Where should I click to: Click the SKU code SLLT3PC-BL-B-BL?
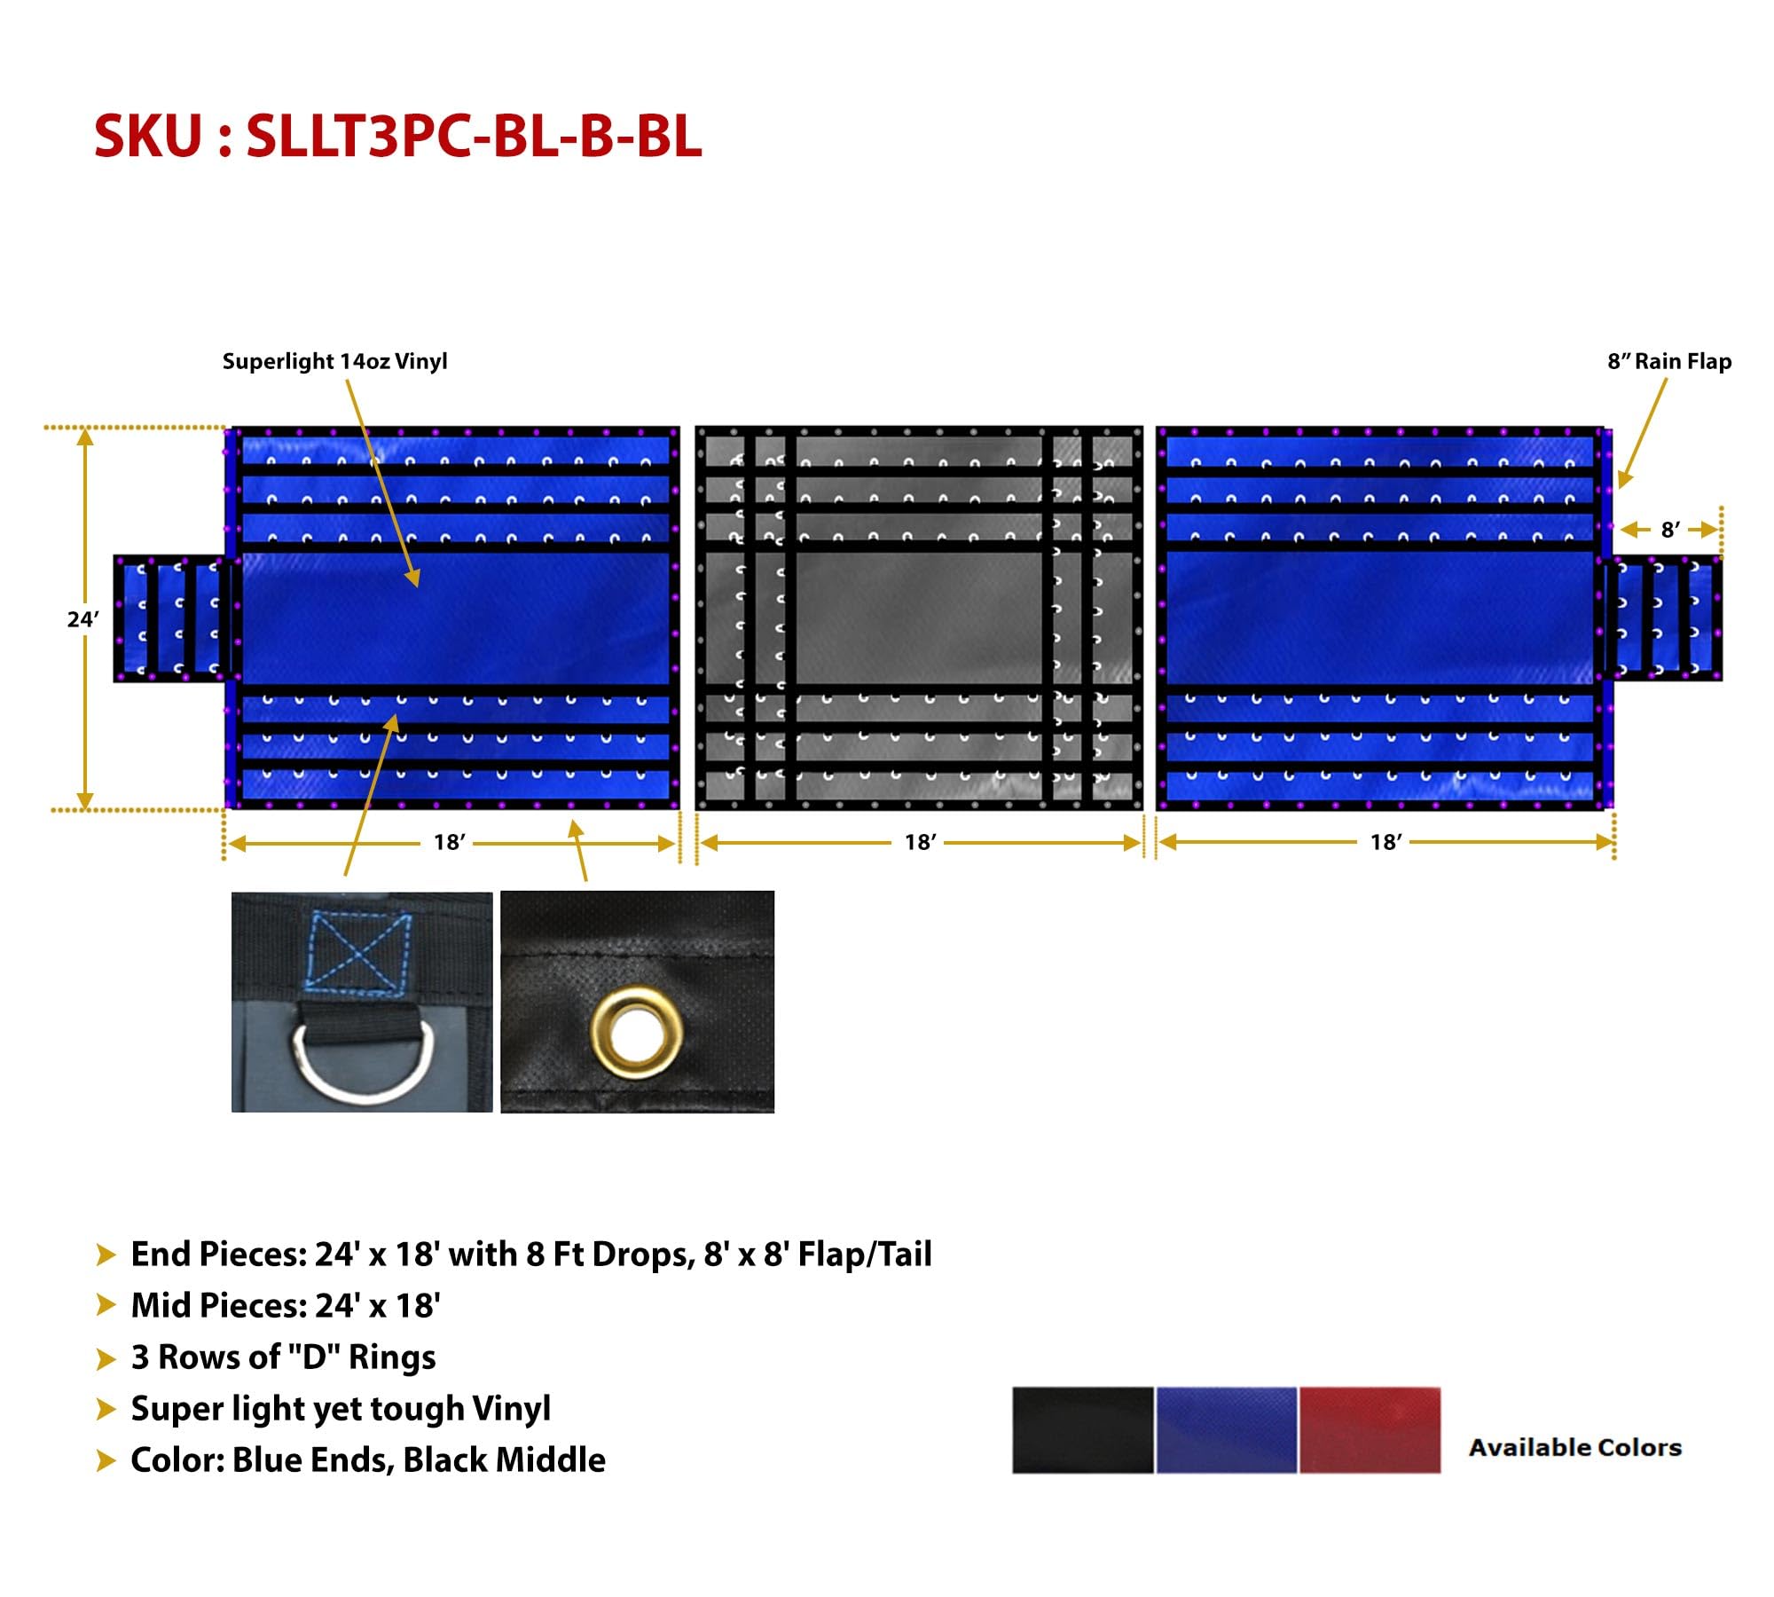click(475, 137)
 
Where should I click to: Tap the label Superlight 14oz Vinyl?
click(334, 361)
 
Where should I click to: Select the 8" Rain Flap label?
click(1669, 361)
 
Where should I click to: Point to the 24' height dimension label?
click(82, 619)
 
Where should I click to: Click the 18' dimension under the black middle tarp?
click(920, 842)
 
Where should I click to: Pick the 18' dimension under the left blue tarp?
click(449, 842)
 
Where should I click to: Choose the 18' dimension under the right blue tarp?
click(1385, 842)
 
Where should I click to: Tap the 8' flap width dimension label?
click(1670, 530)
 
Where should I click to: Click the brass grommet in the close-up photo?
click(637, 1028)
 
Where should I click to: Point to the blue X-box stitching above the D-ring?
click(357, 951)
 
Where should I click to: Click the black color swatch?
click(1083, 1430)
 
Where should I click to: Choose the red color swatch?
click(1370, 1430)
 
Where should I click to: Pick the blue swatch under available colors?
click(1227, 1430)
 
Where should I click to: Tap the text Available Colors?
click(1575, 1447)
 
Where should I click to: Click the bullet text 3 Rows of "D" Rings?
click(283, 1357)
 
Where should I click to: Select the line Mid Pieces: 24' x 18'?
click(286, 1306)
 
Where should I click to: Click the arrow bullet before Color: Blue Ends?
click(106, 1460)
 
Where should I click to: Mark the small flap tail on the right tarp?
click(1665, 618)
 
